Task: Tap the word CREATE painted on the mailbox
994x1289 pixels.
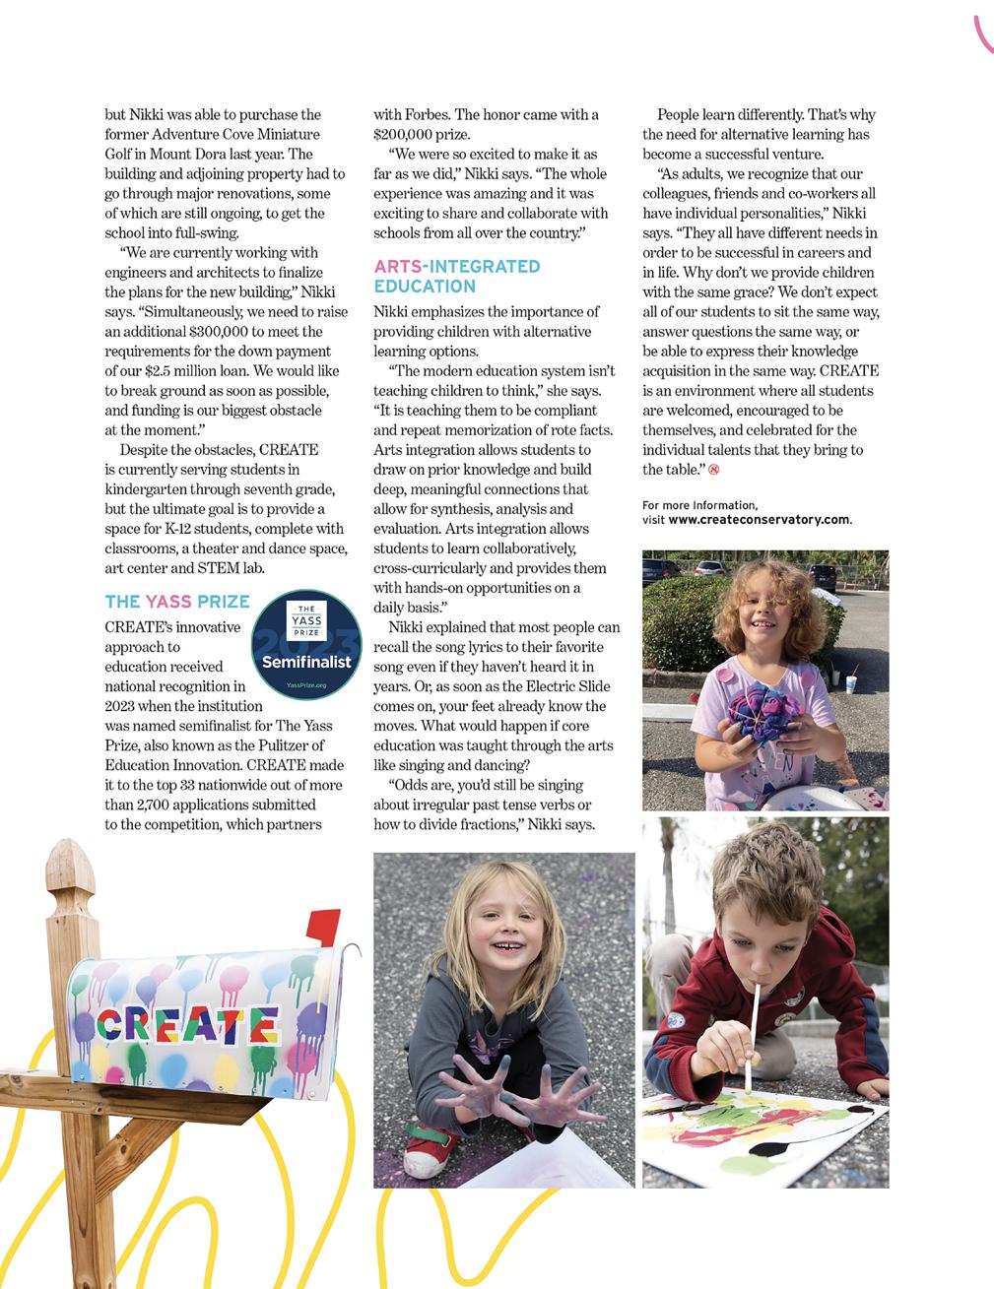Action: click(187, 1024)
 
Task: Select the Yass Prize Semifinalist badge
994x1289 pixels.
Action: click(305, 645)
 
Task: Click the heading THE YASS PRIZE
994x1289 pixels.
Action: click(177, 602)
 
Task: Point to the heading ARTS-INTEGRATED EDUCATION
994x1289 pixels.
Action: click(457, 277)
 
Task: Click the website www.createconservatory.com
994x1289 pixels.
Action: click(759, 520)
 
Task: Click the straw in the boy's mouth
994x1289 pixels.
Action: click(754, 1034)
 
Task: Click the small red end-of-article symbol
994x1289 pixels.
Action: click(714, 470)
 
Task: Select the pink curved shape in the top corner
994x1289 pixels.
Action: click(982, 34)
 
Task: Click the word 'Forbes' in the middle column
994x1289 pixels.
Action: click(426, 115)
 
